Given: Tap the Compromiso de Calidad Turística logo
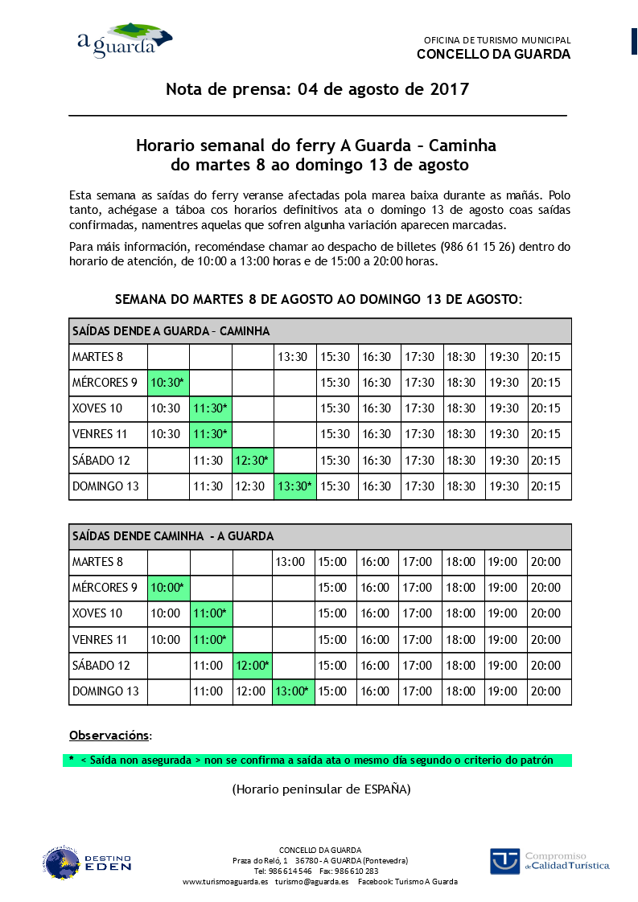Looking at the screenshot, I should [x=550, y=860].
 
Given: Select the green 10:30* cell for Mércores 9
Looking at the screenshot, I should [x=168, y=383].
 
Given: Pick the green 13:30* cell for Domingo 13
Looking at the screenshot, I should [x=294, y=486].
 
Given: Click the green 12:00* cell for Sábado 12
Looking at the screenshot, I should [x=252, y=666].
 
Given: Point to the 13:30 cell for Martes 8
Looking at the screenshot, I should [x=293, y=357].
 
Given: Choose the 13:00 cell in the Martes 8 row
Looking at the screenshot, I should [x=293, y=562].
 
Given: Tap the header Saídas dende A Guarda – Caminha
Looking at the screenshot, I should [x=171, y=331].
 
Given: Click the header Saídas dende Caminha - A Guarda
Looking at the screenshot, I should [x=172, y=536].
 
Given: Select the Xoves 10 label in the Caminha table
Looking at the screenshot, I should [x=97, y=613].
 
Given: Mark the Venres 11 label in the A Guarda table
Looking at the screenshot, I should [x=100, y=434].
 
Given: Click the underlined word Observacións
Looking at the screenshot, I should [x=109, y=735].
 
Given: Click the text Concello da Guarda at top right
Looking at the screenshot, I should [x=493, y=55].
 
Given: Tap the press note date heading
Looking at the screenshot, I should [x=317, y=89].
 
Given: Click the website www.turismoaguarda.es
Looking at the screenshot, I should [x=225, y=882].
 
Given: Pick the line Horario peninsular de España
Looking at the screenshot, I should [x=321, y=789].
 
